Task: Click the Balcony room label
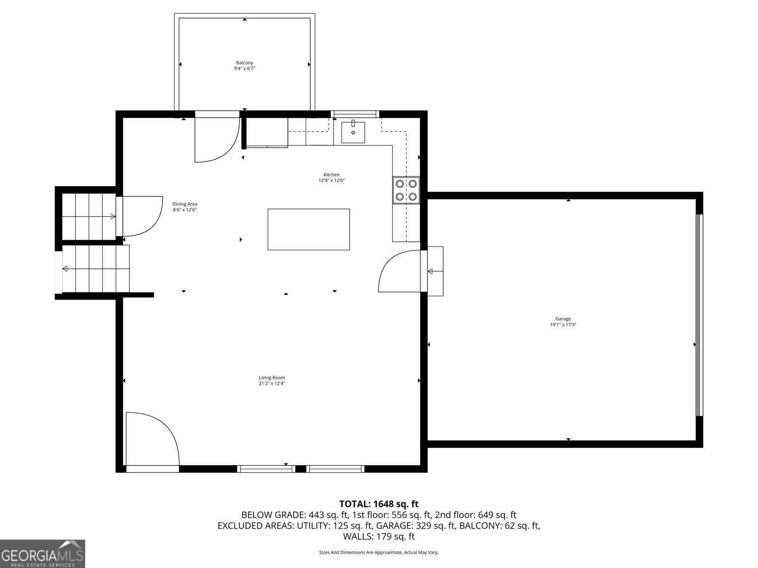(x=244, y=63)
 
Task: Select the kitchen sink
(x=353, y=133)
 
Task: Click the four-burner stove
(x=406, y=190)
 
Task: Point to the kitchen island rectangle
(x=308, y=230)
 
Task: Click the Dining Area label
(x=185, y=204)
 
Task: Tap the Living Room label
(x=272, y=378)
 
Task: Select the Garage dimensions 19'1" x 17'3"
(x=563, y=325)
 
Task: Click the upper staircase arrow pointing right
(x=113, y=216)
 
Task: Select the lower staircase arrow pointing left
(x=65, y=269)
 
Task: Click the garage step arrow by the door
(x=431, y=271)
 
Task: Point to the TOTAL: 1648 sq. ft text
(x=379, y=504)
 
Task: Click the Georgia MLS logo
(x=43, y=554)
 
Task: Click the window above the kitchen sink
(x=354, y=114)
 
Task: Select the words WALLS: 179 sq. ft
(x=379, y=536)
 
